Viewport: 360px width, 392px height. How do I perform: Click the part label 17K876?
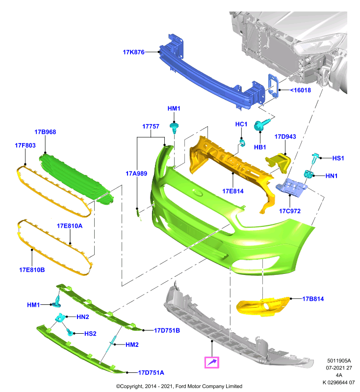point(133,52)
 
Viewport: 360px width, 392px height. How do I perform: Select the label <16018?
point(300,90)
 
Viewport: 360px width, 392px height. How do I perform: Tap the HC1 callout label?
point(241,124)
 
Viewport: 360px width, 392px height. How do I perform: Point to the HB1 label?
point(260,147)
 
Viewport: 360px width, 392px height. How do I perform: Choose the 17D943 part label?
point(285,137)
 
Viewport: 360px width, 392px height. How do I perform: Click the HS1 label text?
point(338,158)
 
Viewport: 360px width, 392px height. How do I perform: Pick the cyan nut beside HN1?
point(309,174)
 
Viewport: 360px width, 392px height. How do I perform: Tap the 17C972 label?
point(290,211)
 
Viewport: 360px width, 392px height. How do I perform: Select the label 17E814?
point(232,191)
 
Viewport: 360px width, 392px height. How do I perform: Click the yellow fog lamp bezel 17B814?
point(263,306)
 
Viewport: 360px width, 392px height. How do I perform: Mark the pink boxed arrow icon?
point(212,362)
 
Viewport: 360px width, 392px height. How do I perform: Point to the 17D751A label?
point(151,373)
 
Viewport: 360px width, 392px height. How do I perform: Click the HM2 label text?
point(132,345)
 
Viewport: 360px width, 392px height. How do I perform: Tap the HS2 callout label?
point(90,334)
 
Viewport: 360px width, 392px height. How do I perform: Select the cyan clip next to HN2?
point(60,318)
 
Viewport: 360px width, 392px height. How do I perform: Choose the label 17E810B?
point(32,270)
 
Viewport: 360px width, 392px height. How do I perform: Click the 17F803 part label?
point(25,146)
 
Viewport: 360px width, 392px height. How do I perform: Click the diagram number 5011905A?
point(339,361)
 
